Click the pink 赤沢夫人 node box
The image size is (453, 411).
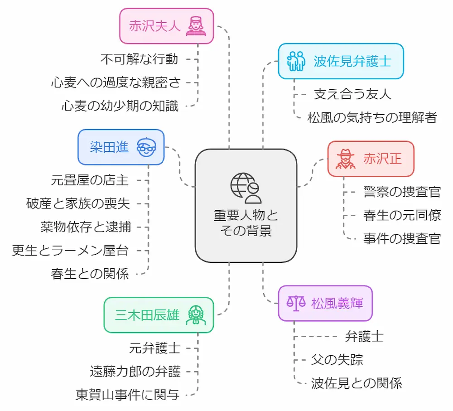pos(166,26)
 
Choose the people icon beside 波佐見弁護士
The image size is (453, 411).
pos(297,61)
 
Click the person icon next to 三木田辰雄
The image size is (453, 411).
pos(197,315)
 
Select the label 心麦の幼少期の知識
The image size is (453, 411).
pos(120,106)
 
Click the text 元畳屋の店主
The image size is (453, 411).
pos(90,180)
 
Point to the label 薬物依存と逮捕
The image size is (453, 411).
pos(85,227)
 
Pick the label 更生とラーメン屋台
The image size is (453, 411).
pos(71,250)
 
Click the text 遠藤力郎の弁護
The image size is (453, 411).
pos(135,372)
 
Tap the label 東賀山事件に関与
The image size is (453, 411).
pos(127,395)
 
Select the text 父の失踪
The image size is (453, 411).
pos(337,360)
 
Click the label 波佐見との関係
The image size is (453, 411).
pos(357,383)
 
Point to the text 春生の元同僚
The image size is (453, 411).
pos(402,215)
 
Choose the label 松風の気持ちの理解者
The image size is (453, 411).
pos(372,118)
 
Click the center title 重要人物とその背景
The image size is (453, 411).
pos(246,222)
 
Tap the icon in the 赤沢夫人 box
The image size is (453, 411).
pos(197,26)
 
